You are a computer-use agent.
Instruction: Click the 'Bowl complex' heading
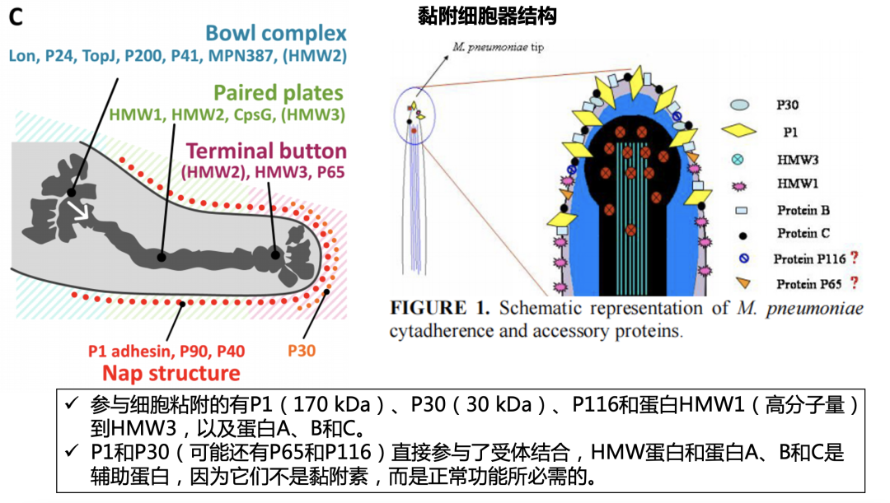[x=275, y=34]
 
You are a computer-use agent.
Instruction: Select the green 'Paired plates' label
[x=278, y=92]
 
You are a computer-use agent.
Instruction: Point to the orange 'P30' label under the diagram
[x=302, y=352]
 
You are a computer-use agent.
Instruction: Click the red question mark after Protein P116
[x=855, y=258]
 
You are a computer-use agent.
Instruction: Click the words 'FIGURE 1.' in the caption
[x=440, y=309]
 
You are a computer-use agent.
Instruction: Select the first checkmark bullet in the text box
[x=71, y=404]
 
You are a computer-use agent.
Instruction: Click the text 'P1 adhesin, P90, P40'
[x=166, y=352]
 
